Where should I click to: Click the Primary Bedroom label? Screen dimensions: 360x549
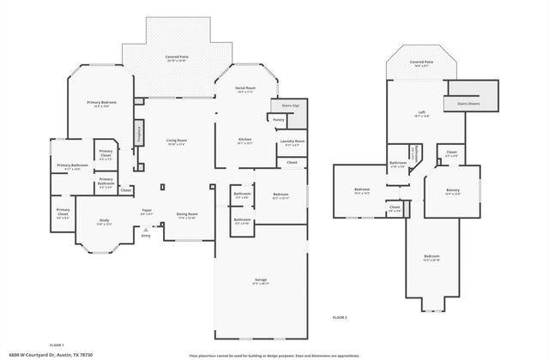click(101, 103)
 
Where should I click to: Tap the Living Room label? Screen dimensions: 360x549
click(177, 141)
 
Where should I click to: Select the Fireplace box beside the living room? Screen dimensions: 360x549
click(137, 133)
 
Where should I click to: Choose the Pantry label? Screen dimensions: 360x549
click(278, 120)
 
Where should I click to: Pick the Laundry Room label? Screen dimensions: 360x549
click(293, 141)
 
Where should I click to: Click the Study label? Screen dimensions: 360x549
click(104, 221)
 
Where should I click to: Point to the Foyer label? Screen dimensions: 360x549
click(147, 210)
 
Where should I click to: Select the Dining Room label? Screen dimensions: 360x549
click(188, 215)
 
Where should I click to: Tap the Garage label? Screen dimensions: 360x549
click(261, 281)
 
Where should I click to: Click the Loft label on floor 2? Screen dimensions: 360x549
click(422, 112)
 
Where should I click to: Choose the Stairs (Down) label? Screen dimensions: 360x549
click(468, 100)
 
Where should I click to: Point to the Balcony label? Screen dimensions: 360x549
click(452, 190)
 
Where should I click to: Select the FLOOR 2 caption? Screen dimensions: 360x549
click(341, 317)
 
